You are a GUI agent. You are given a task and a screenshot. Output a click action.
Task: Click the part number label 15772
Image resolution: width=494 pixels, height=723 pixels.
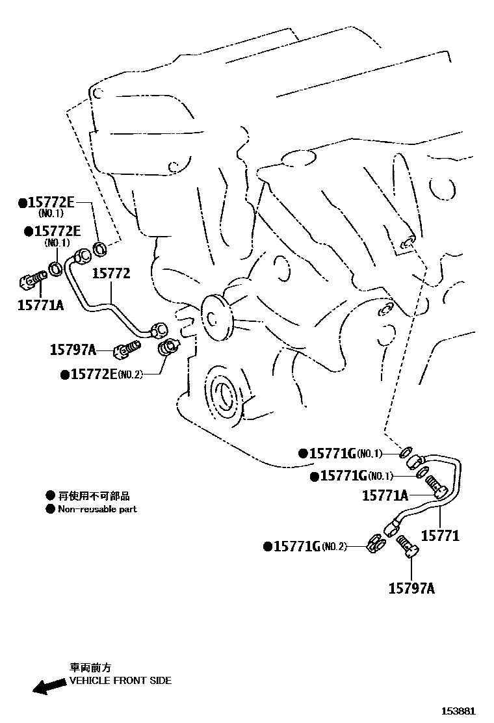(110, 274)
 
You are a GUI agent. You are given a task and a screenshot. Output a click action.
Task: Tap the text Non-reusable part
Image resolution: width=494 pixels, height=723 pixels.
(97, 509)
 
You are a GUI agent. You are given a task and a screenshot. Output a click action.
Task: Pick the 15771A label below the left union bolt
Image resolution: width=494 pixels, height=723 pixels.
(40, 303)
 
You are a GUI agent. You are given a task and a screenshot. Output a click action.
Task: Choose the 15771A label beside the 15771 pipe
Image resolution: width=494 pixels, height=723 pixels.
(385, 496)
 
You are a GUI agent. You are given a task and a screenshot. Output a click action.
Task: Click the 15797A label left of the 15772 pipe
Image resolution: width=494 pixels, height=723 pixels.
(73, 350)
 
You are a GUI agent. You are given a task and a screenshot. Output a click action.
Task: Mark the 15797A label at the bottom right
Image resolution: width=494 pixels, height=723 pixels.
(411, 588)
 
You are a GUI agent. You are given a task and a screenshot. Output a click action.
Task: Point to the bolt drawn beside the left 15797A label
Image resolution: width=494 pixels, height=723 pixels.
(126, 350)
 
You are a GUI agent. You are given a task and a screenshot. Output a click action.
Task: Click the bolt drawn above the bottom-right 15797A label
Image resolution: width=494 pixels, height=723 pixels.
(408, 545)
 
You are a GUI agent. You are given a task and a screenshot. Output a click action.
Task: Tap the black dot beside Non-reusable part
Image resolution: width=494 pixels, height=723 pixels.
(50, 509)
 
